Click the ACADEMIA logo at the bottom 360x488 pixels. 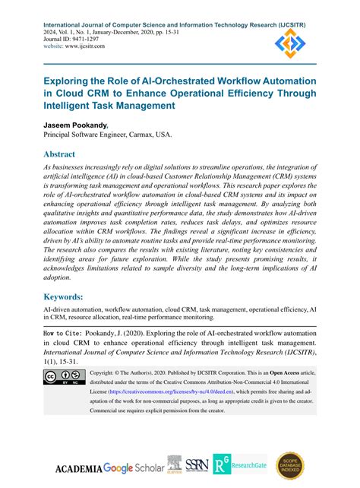[x=77, y=467]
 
